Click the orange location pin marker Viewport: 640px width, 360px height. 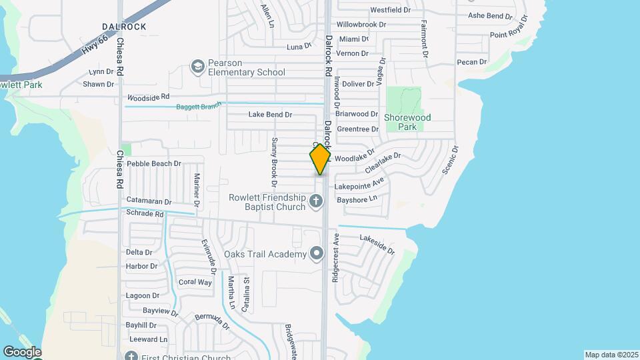[x=320, y=159]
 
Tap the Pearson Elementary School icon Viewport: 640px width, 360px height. [x=197, y=66]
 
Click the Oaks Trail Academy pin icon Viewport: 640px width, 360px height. [x=317, y=253]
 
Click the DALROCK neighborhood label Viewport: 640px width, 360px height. [x=124, y=27]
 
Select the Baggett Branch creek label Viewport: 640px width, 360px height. [x=198, y=107]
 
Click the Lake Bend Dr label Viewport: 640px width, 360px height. [x=270, y=115]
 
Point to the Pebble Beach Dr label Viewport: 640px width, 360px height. [x=154, y=163]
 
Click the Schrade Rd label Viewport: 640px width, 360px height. [x=145, y=214]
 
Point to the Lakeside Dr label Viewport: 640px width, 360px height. [x=377, y=245]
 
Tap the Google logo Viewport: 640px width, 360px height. [x=22, y=352]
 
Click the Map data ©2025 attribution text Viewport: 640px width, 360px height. [x=610, y=355]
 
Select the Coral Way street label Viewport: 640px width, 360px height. [x=195, y=282]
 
